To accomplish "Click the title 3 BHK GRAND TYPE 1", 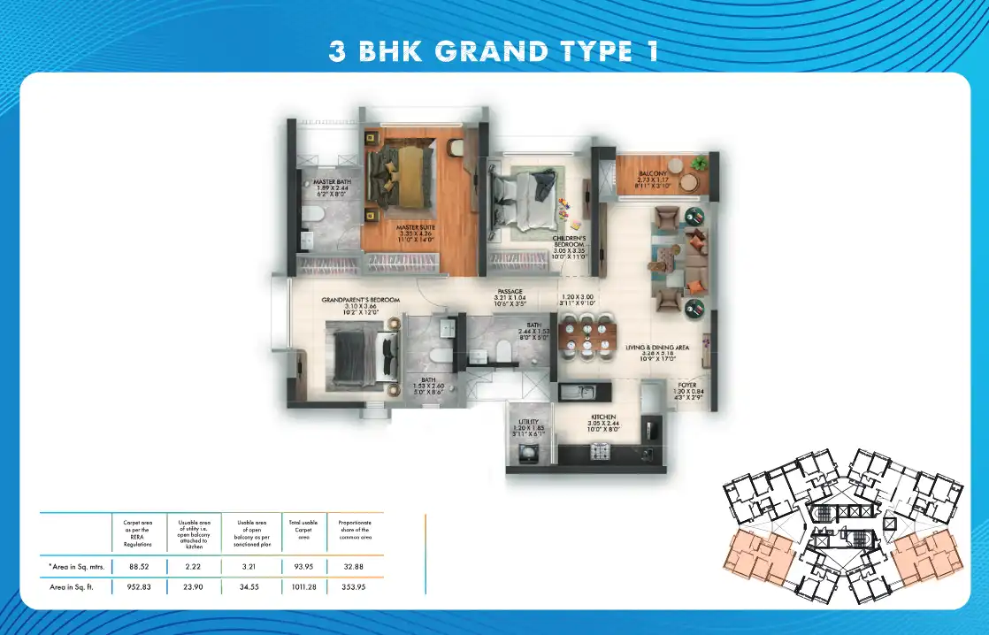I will tap(494, 50).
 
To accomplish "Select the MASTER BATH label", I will tap(333, 181).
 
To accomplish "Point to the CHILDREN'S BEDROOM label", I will tap(570, 241).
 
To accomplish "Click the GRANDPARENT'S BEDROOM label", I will tap(361, 301).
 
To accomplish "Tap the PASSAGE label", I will tap(510, 291).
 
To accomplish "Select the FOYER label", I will tap(686, 386).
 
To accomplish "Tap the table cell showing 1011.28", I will tap(300, 586).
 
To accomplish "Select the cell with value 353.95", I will tap(355, 586).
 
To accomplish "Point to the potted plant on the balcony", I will tap(701, 163).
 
